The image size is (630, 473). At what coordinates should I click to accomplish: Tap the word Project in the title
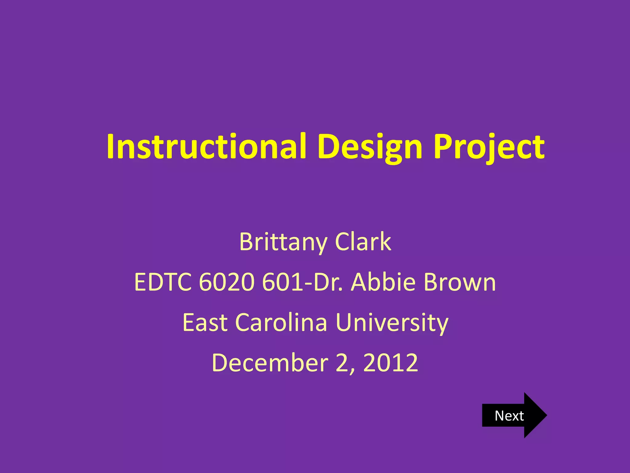click(489, 147)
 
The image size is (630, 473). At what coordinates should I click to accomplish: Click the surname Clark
click(363, 242)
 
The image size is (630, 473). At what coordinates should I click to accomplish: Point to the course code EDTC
click(163, 282)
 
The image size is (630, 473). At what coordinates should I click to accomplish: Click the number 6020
click(227, 282)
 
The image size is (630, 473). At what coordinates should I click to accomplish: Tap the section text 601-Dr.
click(302, 282)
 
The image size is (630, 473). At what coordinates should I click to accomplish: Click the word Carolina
click(281, 322)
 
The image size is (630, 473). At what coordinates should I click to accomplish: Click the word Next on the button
click(509, 416)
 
